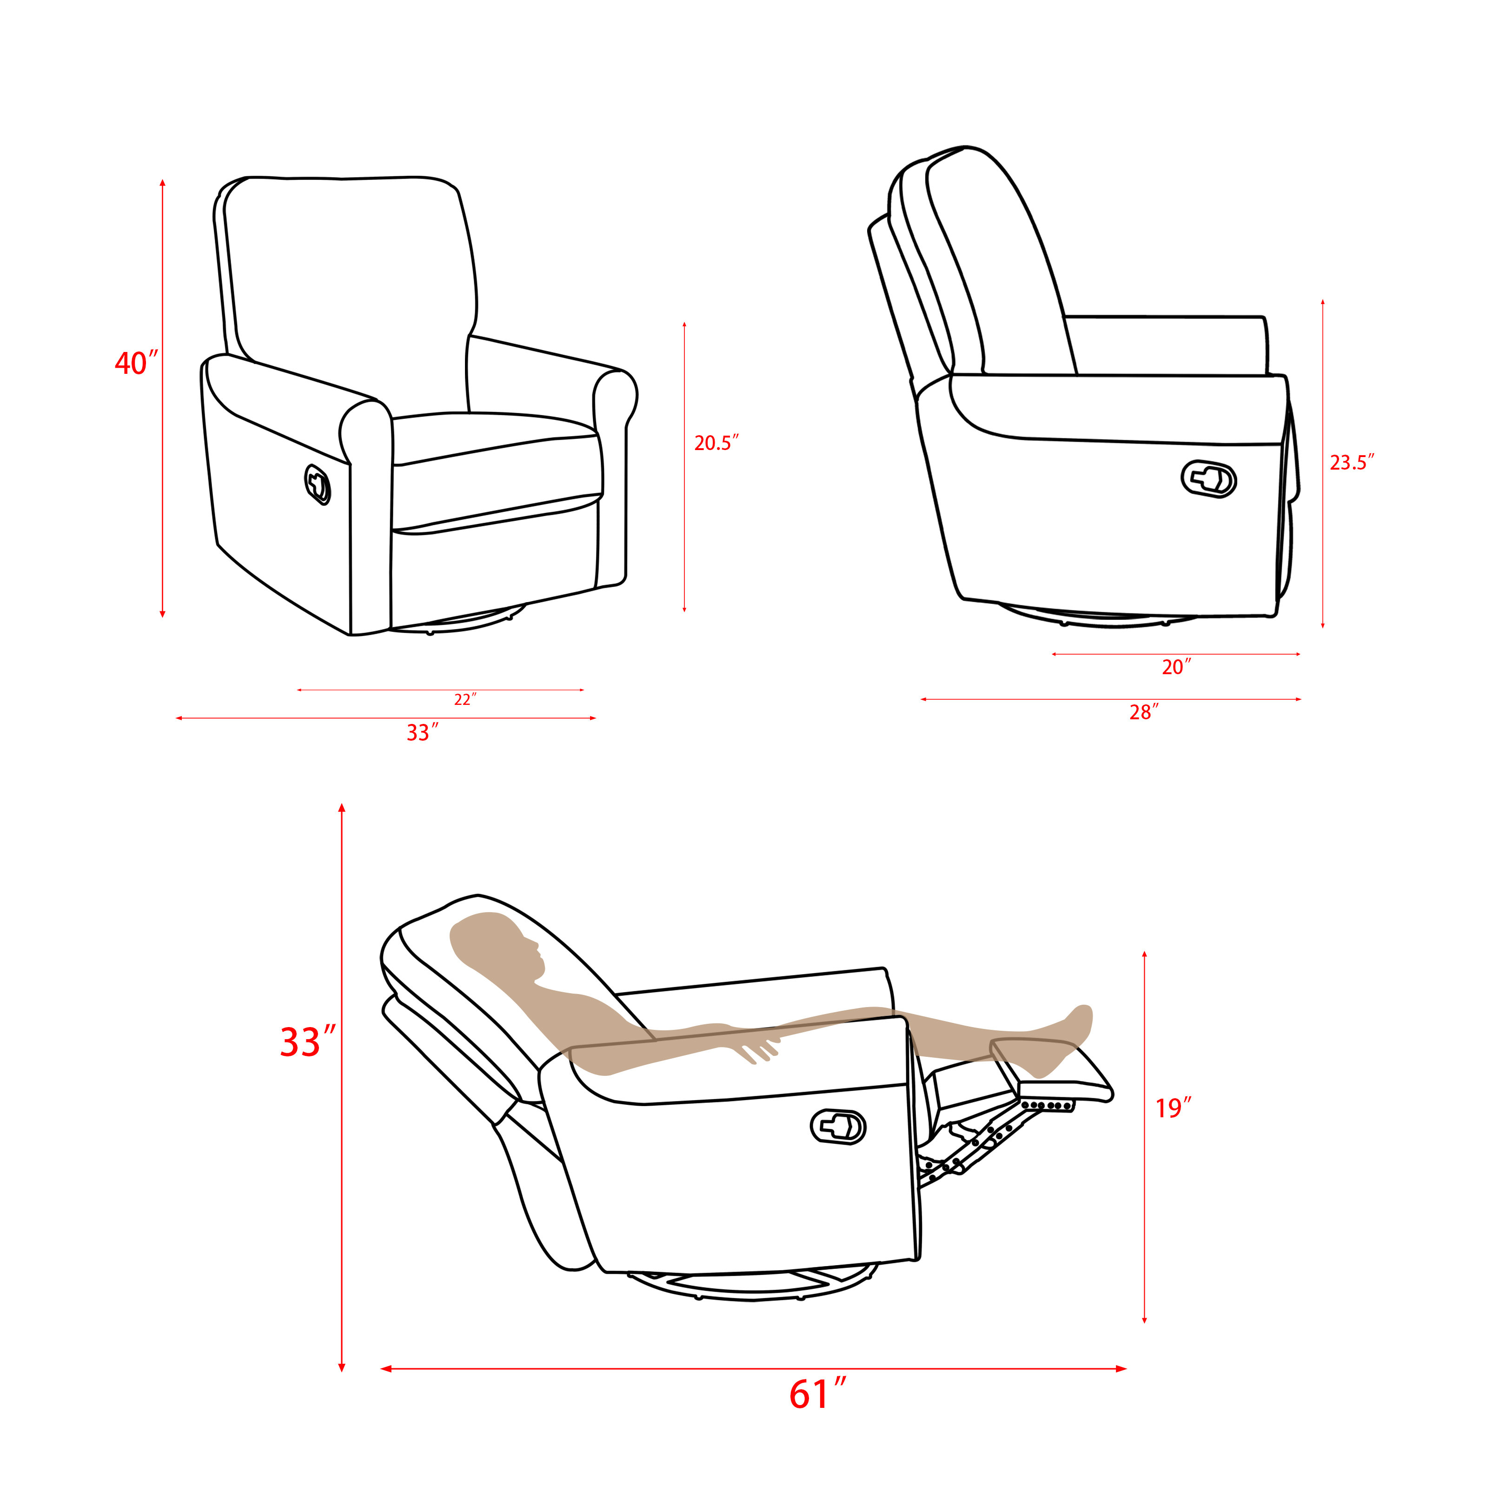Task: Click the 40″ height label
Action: coord(136,363)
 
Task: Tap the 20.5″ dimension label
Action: coord(716,443)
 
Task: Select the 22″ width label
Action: coord(464,700)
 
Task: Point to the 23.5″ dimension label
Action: coord(1352,463)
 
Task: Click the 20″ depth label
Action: coord(1175,667)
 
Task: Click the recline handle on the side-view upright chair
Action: coord(1208,479)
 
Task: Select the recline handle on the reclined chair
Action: coord(838,1126)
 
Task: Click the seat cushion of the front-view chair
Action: coord(497,438)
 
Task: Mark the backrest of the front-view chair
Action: coord(349,264)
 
